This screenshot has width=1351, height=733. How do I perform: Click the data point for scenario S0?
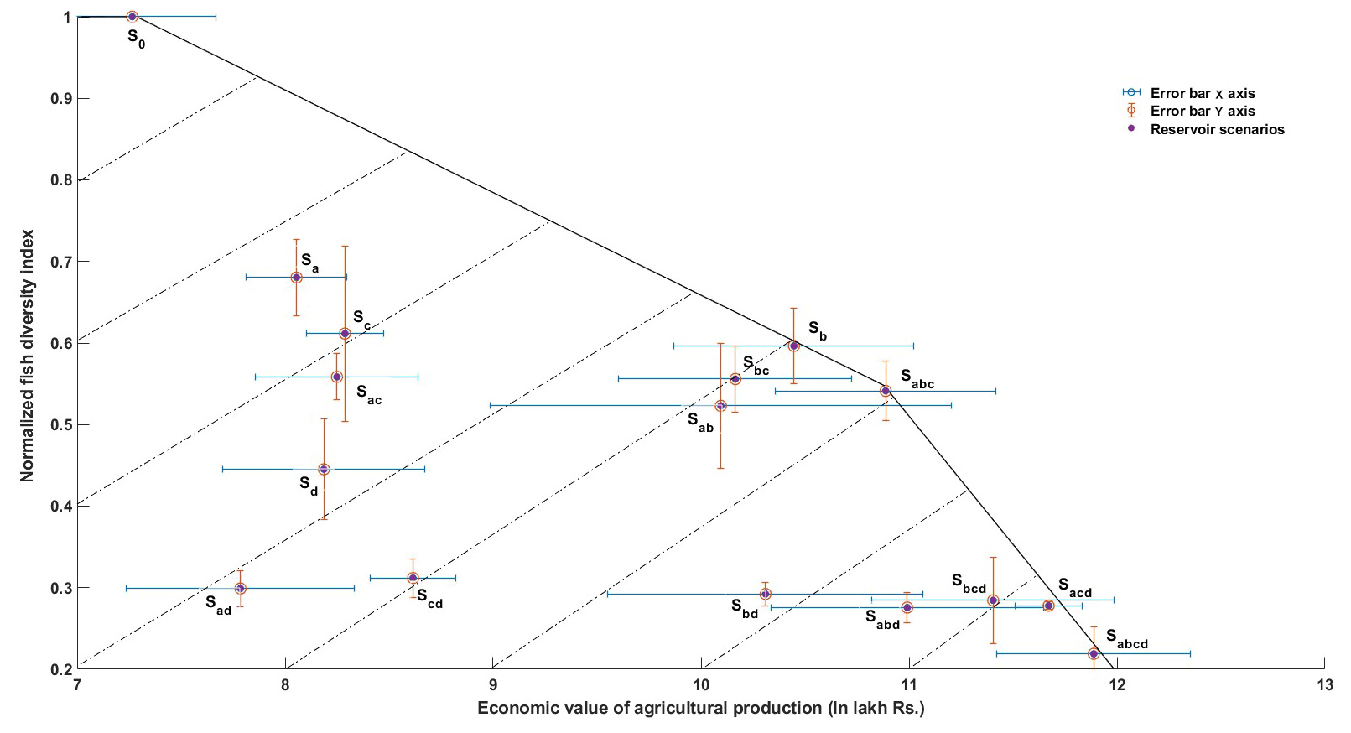132,17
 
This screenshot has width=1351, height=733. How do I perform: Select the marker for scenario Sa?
296,278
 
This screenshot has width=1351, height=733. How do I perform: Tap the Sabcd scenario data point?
1094,653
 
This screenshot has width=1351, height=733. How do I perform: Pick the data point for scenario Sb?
794,346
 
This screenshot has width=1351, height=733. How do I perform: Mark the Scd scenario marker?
413,578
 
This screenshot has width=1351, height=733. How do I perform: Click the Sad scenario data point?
241,589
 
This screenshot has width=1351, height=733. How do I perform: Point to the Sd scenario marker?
324,470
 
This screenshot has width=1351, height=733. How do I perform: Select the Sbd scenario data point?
765,594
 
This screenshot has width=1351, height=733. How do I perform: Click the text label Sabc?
917,379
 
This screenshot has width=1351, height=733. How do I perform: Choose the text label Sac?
368,394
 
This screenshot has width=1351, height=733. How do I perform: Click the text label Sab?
700,422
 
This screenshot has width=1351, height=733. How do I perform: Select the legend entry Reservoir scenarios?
1217,129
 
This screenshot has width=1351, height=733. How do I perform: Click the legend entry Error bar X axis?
1202,93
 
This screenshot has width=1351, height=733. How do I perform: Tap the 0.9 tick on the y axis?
77,98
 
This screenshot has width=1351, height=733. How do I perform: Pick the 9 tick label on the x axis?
493,684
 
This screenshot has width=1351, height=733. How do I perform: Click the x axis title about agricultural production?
700,709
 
